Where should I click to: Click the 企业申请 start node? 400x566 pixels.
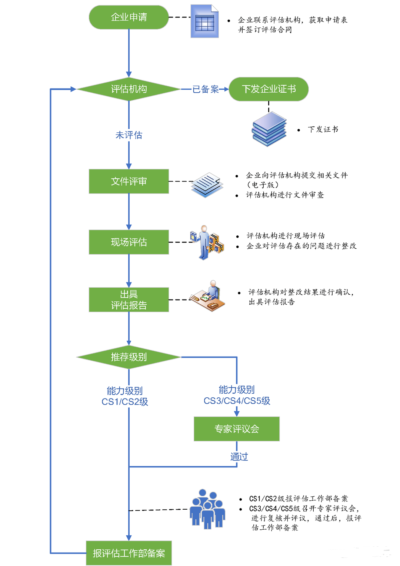click(129, 17)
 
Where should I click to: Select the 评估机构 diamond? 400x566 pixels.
click(129, 89)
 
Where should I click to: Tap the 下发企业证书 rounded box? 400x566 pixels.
click(269, 89)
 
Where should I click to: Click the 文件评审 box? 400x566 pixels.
click(129, 181)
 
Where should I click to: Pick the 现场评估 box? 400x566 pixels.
click(129, 242)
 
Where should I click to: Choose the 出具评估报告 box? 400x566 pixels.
click(129, 299)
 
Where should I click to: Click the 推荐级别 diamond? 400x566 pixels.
click(129, 357)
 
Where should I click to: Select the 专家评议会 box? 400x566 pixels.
click(236, 429)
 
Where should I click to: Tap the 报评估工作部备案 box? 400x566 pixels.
click(129, 553)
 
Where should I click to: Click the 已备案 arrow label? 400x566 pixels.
click(206, 89)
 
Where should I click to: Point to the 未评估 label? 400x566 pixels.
click(129, 135)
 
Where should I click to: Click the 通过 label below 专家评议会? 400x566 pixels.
click(239, 457)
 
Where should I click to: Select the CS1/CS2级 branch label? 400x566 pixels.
click(125, 396)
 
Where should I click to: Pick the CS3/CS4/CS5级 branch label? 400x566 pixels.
click(237, 395)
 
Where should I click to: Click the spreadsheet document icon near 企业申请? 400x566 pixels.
click(204, 21)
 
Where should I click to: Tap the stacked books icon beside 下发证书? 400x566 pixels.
click(269, 129)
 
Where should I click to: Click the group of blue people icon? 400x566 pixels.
click(207, 509)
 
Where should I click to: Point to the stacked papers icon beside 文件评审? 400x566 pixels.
click(207, 185)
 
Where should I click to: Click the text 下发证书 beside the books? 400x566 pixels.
click(323, 129)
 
